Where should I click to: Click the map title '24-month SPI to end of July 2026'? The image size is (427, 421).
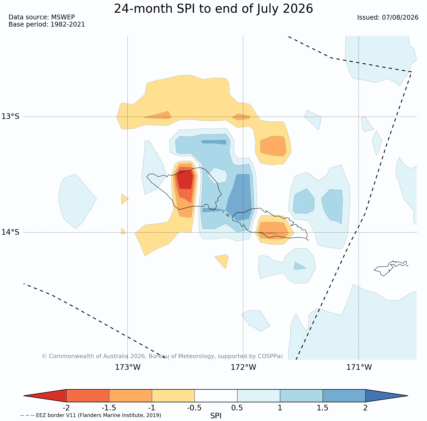[213, 9]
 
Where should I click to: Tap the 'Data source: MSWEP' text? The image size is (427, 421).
[42, 17]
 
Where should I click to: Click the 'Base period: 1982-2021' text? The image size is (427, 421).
[47, 24]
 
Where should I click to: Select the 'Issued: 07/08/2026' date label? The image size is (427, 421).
[388, 18]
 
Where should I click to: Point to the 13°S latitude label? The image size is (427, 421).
[11, 117]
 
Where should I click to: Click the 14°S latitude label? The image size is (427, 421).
[11, 232]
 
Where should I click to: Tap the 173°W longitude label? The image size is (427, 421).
[128, 367]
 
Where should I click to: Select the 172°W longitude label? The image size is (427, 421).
[243, 367]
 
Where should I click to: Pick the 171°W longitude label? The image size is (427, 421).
[359, 367]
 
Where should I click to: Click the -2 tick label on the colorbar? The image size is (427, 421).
[66, 408]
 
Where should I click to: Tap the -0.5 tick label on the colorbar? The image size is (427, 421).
[195, 408]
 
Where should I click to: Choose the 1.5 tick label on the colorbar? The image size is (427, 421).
[323, 408]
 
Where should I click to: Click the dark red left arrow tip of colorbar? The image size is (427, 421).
[24, 396]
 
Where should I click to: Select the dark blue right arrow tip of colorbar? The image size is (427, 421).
[408, 396]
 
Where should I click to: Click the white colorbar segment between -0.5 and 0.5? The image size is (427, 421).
[216, 396]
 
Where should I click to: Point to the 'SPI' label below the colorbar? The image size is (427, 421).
[216, 416]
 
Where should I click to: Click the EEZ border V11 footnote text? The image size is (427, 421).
[91, 415]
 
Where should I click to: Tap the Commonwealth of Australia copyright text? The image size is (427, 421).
[162, 356]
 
